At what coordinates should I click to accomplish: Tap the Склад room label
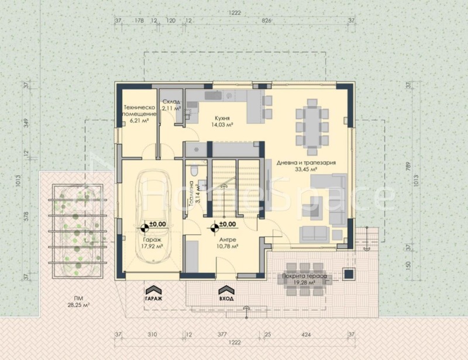click(x=171, y=101)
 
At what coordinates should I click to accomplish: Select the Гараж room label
click(x=153, y=238)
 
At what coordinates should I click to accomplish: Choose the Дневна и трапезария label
click(x=305, y=162)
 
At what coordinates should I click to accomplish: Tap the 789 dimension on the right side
click(x=408, y=170)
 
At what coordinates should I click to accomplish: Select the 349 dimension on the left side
click(x=26, y=123)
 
